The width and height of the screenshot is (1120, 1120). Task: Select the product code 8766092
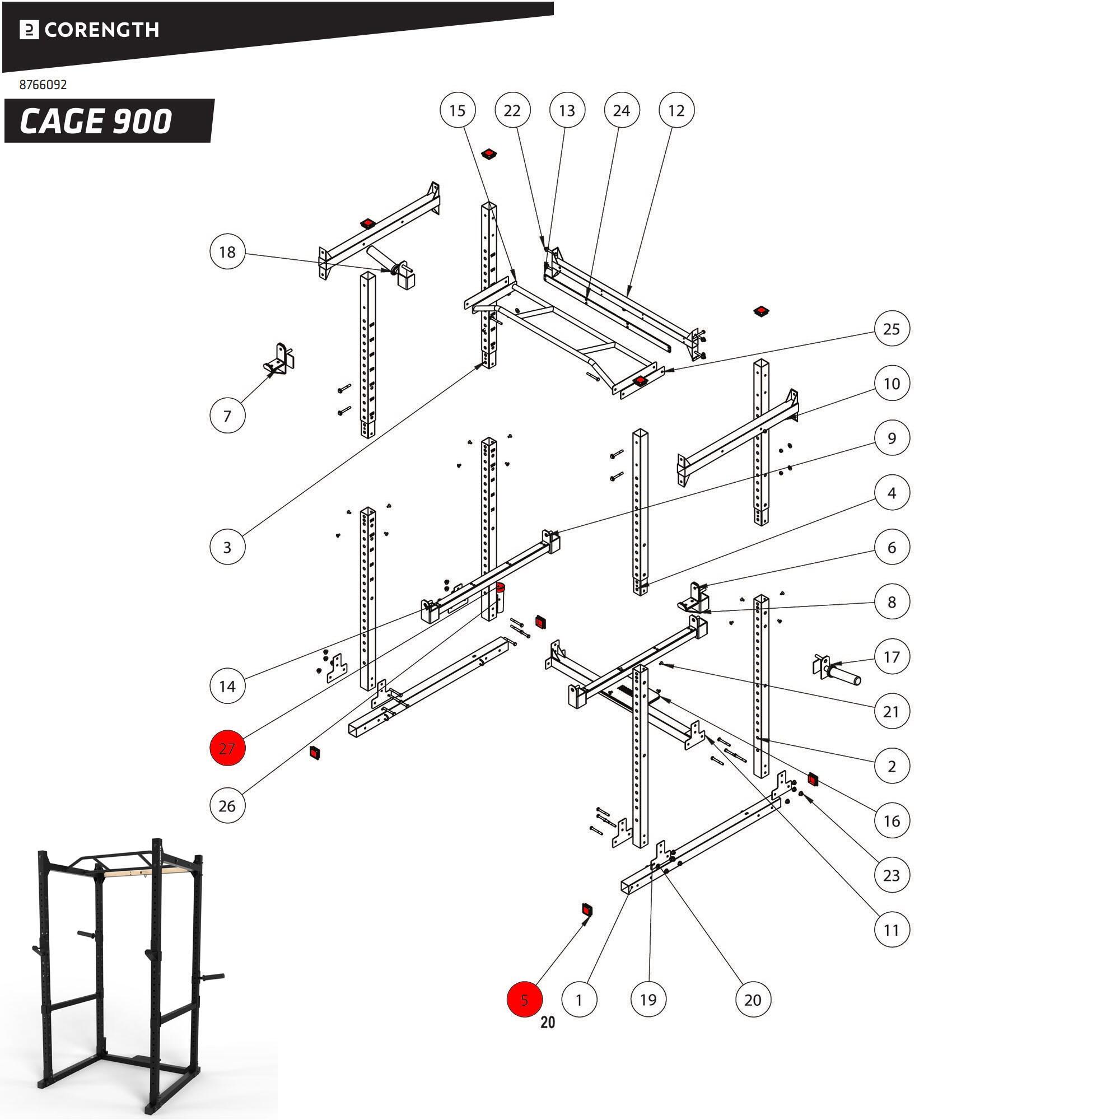click(43, 85)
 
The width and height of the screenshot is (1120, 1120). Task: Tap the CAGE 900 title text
click(96, 121)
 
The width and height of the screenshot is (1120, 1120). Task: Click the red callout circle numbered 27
click(227, 748)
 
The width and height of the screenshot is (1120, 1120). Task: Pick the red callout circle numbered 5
click(525, 1000)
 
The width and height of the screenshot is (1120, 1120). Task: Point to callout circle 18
click(227, 252)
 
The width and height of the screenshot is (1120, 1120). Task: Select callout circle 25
click(891, 329)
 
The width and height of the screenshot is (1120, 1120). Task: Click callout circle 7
click(227, 416)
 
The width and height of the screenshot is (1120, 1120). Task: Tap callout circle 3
click(227, 547)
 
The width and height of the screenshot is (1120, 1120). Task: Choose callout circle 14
click(227, 687)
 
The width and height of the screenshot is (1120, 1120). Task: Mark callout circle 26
click(227, 806)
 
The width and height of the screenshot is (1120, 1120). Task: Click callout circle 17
click(891, 657)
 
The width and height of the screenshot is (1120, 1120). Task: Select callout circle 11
click(891, 930)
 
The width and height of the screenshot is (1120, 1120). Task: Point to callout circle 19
click(648, 1000)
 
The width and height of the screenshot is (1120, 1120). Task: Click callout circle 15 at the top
click(458, 110)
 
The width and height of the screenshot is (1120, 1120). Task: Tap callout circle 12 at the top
click(676, 110)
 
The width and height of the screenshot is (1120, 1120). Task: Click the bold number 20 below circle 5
click(547, 1023)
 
